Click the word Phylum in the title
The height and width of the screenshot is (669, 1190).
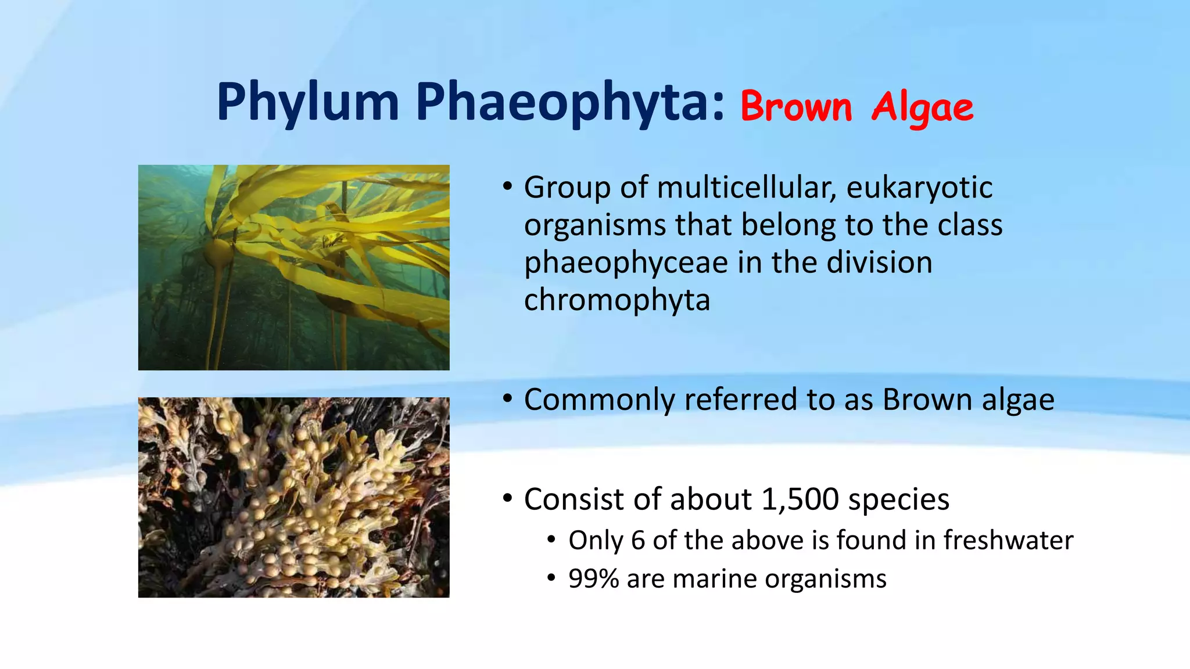coord(307,103)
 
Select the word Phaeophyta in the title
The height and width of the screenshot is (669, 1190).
coord(569,103)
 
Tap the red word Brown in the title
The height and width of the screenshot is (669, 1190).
coord(795,107)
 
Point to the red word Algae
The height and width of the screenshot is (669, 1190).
coord(922,109)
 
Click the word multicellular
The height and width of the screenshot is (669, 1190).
coord(746,188)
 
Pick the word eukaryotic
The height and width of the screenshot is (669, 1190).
coord(919,188)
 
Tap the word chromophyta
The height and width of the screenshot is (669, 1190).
coord(617,300)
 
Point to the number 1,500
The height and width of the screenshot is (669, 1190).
coord(800,499)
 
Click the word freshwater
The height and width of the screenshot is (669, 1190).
coord(1008,540)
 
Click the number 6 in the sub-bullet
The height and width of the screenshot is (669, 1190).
coord(637,541)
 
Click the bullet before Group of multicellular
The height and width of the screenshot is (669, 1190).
coord(507,187)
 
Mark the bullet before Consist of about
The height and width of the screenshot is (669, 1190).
coord(507,498)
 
